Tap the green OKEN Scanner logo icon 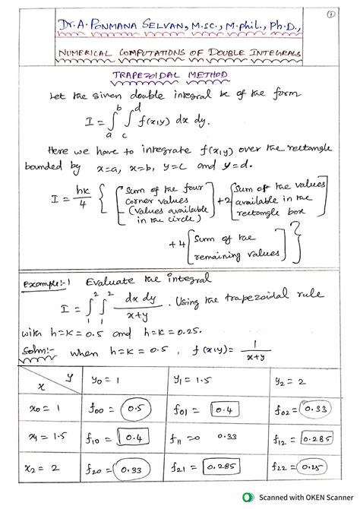248,497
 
